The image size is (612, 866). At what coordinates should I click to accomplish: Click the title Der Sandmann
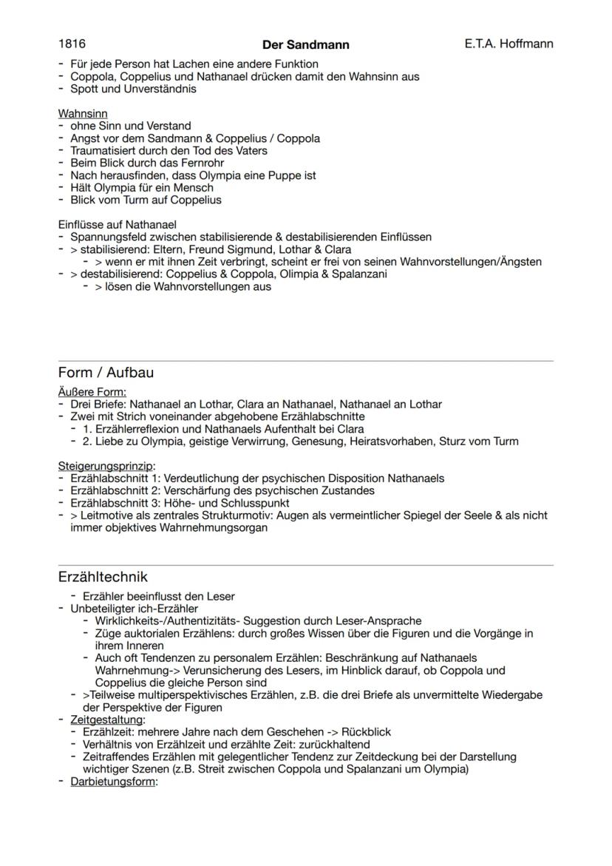tap(306, 45)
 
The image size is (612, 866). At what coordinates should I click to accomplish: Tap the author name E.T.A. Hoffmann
tap(509, 44)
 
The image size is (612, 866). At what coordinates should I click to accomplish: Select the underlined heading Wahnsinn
tap(83, 114)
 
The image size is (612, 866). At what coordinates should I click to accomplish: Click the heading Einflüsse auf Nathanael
tap(118, 225)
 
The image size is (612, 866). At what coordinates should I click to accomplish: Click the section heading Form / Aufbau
tap(106, 372)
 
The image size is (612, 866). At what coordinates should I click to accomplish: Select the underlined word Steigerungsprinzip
tap(106, 467)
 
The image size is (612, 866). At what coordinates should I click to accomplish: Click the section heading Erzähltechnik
tap(103, 576)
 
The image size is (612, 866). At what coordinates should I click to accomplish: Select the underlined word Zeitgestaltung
tap(106, 720)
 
